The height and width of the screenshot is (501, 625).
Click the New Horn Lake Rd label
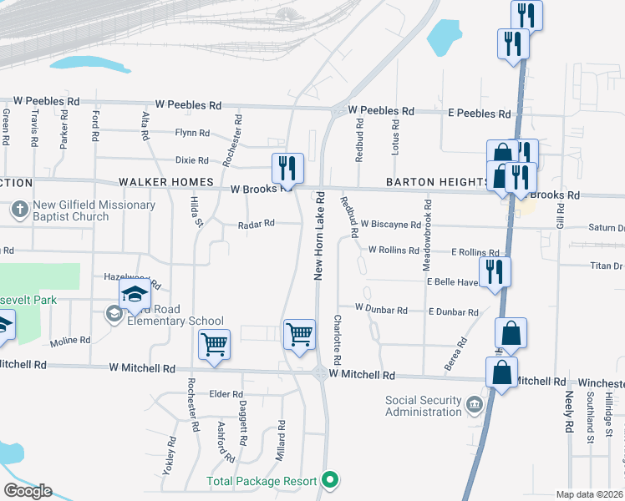coord(318,237)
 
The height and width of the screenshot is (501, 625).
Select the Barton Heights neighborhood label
coord(437,182)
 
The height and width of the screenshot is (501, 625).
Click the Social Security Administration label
coord(423,406)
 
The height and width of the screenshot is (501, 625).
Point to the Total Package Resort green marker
coord(330,480)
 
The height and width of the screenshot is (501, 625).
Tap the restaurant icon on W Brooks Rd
coord(286,168)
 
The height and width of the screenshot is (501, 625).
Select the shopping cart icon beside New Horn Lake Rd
coord(299,335)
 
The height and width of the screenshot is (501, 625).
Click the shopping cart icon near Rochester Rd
coord(214,342)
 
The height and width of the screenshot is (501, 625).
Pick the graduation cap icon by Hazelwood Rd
coord(135,294)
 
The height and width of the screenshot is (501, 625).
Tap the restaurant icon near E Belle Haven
coord(495,271)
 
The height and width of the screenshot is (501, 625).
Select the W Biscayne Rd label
coord(390,225)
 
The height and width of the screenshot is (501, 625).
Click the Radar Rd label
coord(256,224)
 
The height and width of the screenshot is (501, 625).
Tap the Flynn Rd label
coord(191,133)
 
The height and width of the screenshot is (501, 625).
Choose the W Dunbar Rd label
coord(380,310)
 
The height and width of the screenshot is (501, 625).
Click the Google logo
coord(28,490)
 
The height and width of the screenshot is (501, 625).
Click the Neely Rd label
coord(569,412)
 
